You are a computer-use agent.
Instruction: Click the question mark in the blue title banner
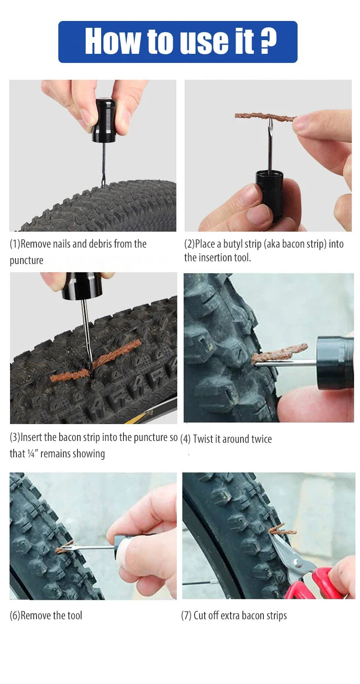click(268, 41)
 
